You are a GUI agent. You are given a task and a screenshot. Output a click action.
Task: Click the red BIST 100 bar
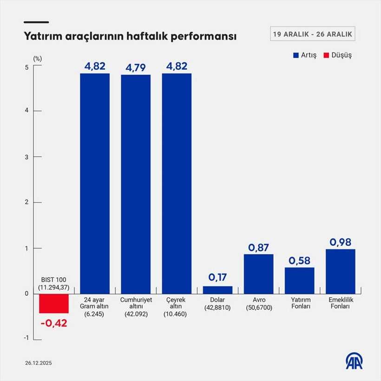pos(54,303)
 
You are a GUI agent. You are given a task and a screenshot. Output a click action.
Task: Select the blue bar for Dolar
pos(217,290)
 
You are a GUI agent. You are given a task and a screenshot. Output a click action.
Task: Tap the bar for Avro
pos(258,274)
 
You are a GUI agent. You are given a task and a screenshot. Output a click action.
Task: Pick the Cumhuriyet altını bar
pos(136,184)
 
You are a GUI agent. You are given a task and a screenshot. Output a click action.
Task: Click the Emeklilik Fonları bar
pos(340,271)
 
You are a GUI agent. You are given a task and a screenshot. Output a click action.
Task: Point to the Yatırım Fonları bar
pos(299,281)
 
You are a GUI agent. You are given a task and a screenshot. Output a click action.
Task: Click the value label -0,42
pos(53,323)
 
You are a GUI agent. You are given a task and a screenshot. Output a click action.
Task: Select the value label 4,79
pos(136,67)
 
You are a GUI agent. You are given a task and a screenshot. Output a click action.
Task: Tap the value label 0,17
pos(217,277)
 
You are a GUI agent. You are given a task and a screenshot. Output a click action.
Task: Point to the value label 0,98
pos(340,242)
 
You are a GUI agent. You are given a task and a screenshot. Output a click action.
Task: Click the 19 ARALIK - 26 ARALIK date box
pos(313,34)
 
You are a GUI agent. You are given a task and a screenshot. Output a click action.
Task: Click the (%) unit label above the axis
pos(38,58)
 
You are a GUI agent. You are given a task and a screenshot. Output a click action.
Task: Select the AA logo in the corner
pos(355,361)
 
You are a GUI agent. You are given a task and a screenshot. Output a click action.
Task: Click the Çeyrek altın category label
pos(177,307)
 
